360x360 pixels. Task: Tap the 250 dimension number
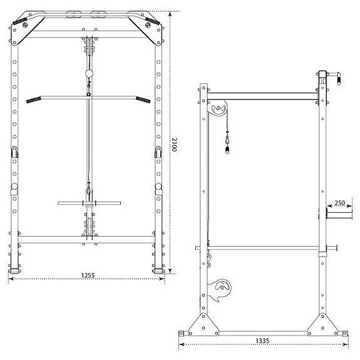point(339,203)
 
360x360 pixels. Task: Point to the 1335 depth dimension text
point(263,341)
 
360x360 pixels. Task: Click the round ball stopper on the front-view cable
point(88,74)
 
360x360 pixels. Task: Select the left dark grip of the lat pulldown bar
point(33,100)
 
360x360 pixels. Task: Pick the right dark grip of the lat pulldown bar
point(143,100)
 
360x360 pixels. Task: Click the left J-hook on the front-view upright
point(14,151)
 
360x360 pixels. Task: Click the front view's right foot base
point(157,271)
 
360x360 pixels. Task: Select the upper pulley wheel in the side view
point(218,111)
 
